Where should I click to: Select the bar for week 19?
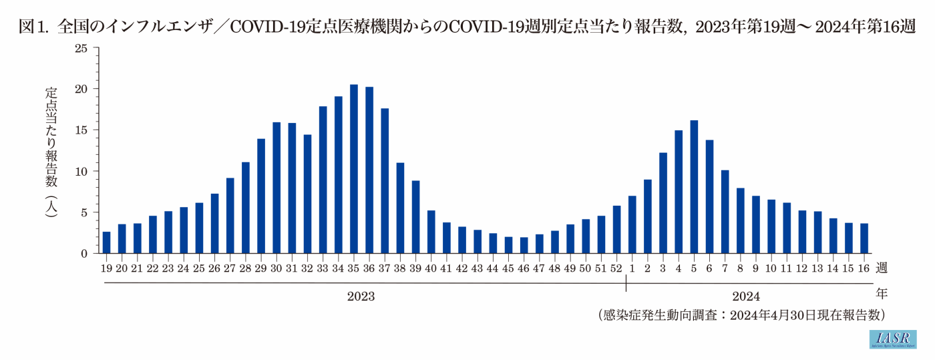[106, 242]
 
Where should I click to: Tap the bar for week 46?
[524, 245]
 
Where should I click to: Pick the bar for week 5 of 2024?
[694, 187]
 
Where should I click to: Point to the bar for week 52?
[617, 229]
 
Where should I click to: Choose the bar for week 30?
[276, 188]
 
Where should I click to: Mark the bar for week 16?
[864, 238]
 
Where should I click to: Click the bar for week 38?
[400, 208]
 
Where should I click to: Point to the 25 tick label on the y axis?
[81, 48]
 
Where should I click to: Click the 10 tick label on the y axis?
[81, 171]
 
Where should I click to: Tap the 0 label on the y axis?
[84, 254]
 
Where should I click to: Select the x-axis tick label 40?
[431, 268]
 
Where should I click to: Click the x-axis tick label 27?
[230, 268]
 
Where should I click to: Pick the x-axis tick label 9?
[755, 268]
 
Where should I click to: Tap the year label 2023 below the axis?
[361, 296]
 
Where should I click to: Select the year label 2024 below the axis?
[746, 296]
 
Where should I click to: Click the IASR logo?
[892, 339]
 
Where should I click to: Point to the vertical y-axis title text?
[51, 160]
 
